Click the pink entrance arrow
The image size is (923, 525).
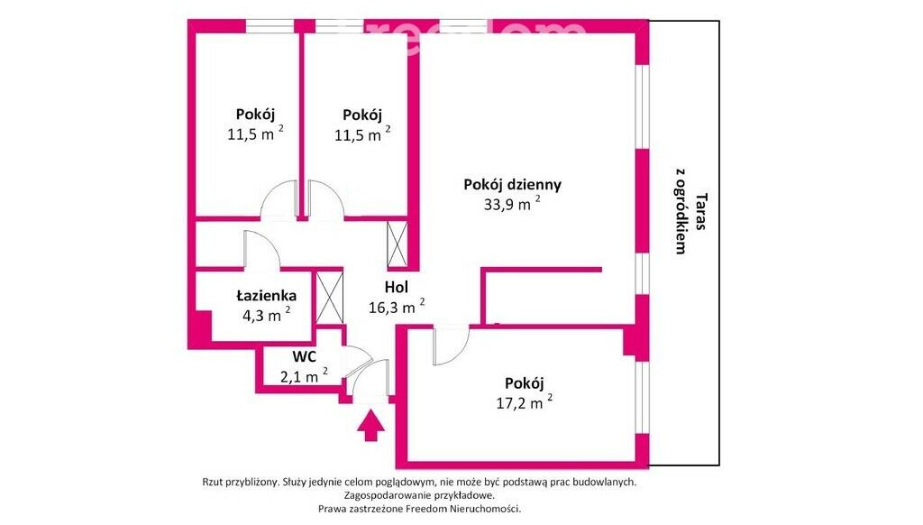tap(370, 426)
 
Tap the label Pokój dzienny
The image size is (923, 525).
tap(512, 185)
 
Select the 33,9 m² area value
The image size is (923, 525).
tap(512, 204)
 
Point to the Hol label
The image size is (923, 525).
tap(397, 288)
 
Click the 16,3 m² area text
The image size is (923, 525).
tap(397, 307)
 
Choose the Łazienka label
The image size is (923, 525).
tap(266, 296)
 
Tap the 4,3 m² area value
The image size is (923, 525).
tap(266, 315)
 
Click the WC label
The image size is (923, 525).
tap(305, 356)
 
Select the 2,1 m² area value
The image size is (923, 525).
tap(304, 375)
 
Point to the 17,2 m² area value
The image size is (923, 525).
tap(524, 403)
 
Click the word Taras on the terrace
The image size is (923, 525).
tap(701, 211)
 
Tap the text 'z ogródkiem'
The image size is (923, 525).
tap(681, 211)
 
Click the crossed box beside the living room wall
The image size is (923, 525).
tap(397, 244)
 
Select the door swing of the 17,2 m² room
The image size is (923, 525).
tap(451, 345)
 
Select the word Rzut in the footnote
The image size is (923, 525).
tap(213, 482)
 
